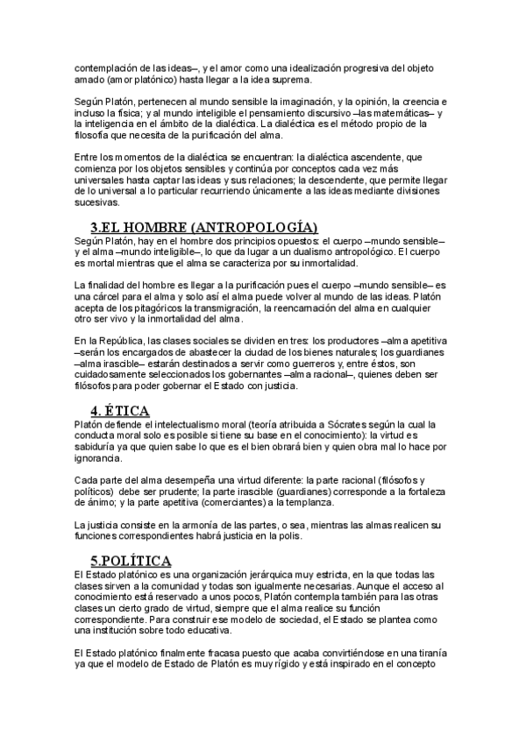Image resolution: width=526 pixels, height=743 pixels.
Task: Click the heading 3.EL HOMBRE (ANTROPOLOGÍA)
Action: click(203, 227)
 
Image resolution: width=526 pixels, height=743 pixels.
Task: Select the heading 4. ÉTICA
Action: click(120, 410)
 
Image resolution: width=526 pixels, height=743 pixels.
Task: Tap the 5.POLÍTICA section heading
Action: click(131, 560)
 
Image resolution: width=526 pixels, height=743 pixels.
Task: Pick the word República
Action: click(129, 339)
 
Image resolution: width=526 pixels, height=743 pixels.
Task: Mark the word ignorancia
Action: click(99, 456)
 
